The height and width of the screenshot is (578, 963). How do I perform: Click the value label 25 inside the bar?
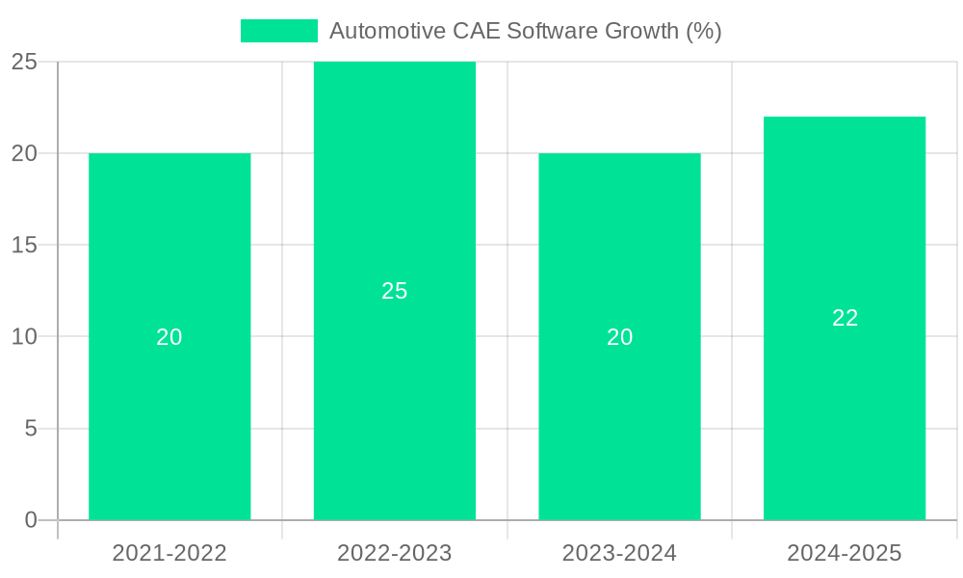pyautogui.click(x=395, y=291)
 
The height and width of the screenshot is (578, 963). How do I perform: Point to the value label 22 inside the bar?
pyautogui.click(x=845, y=318)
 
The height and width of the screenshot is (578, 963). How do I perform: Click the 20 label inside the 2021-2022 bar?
pyautogui.click(x=169, y=337)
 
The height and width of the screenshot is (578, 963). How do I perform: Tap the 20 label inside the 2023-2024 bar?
pyautogui.click(x=619, y=337)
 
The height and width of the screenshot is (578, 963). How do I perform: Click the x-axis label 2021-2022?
pyautogui.click(x=169, y=553)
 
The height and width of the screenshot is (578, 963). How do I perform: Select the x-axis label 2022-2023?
pyautogui.click(x=395, y=553)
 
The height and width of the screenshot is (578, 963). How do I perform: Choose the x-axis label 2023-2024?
pyautogui.click(x=619, y=553)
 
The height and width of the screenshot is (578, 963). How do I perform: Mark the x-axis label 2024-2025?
pyautogui.click(x=845, y=553)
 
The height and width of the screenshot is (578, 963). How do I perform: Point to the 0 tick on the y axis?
pyautogui.click(x=30, y=520)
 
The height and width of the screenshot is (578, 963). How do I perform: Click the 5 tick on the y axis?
pyautogui.click(x=30, y=429)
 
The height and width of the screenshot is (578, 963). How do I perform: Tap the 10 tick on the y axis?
pyautogui.click(x=24, y=337)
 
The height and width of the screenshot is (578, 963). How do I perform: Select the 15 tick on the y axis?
pyautogui.click(x=24, y=245)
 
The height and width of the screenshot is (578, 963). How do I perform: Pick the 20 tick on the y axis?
pyautogui.click(x=24, y=153)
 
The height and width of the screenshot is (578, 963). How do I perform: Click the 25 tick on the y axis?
pyautogui.click(x=24, y=62)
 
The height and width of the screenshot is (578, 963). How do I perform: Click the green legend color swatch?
pyautogui.click(x=279, y=31)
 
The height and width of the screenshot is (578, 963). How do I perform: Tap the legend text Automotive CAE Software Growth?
pyautogui.click(x=525, y=31)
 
